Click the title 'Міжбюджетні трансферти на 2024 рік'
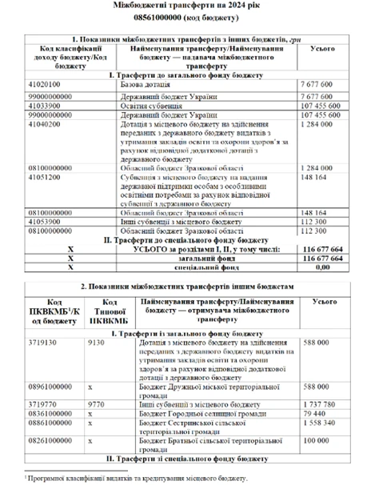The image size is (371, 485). click(x=185, y=7)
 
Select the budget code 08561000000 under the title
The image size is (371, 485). click(x=185, y=19)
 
